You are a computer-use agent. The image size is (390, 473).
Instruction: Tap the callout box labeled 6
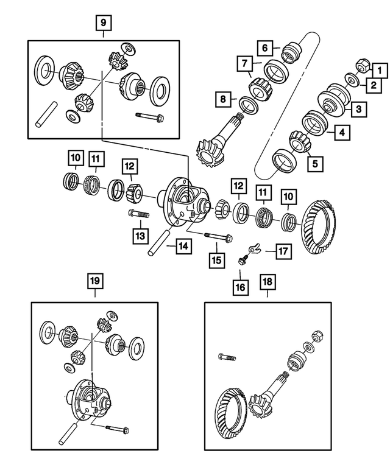[x=265, y=47]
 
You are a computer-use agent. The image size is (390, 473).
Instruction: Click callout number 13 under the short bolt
[x=141, y=234]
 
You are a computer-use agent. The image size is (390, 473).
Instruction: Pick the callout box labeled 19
[x=95, y=281]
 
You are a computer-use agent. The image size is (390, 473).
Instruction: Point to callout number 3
[x=358, y=110]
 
